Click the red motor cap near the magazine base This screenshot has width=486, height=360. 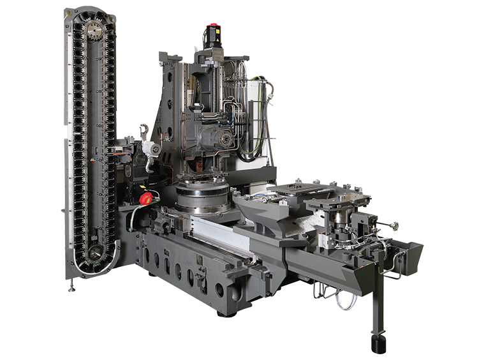point(145,198)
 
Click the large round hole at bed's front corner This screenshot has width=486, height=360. point(220,290)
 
